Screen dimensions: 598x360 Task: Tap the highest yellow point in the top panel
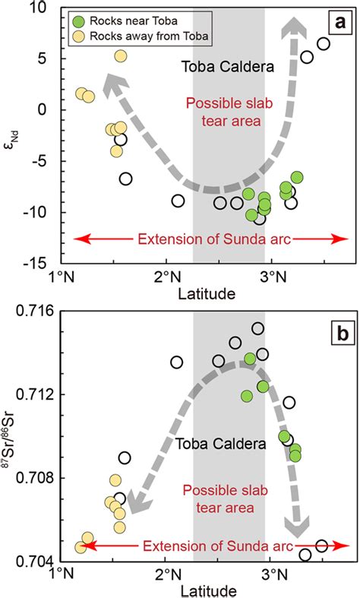[x=121, y=55]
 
